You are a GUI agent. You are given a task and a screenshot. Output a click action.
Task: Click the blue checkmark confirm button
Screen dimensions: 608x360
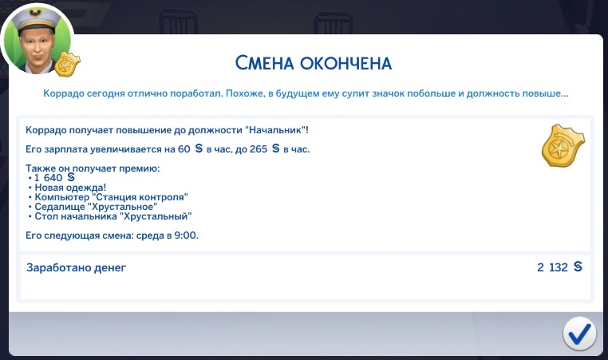point(579,333)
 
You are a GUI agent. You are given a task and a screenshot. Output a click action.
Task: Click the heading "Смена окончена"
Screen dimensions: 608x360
point(314,63)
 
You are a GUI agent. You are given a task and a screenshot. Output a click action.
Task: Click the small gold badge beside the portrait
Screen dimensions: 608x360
point(67,64)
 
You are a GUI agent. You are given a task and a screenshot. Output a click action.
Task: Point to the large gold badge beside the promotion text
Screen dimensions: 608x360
point(563,146)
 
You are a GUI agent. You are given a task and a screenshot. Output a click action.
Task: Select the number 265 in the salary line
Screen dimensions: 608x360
point(259,149)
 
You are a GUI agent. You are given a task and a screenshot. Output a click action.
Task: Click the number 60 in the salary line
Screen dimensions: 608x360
point(184,149)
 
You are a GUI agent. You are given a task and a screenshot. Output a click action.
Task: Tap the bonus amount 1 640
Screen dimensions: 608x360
point(48,178)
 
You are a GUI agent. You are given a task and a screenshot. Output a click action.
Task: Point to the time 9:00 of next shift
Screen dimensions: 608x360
point(186,235)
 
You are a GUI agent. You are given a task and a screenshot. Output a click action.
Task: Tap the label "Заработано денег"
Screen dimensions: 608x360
point(77,267)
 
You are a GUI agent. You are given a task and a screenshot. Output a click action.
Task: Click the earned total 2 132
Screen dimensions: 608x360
point(553,267)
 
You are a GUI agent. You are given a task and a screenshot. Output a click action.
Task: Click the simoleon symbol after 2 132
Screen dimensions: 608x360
point(578,267)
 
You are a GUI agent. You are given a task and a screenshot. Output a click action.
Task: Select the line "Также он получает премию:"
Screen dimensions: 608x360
point(93,168)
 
